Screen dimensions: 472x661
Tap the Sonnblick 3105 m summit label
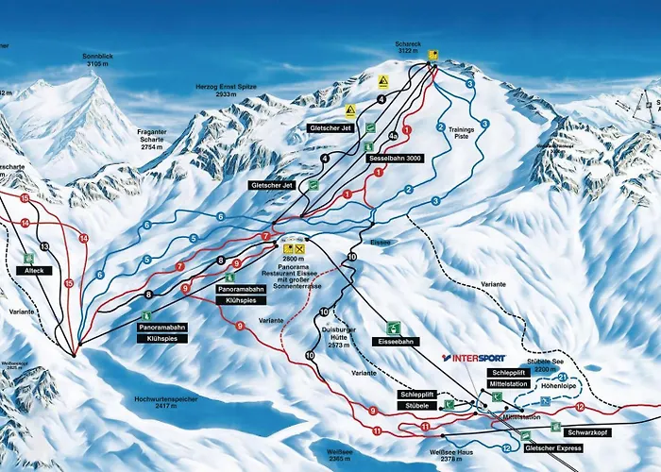point(96,61)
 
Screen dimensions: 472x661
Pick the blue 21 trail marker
point(563,378)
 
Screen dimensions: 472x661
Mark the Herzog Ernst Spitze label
point(226,92)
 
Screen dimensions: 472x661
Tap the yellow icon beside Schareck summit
point(433,54)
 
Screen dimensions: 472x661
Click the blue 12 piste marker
point(507,447)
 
